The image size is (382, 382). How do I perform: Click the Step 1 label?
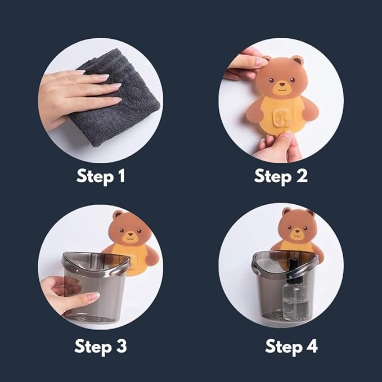click(x=101, y=177)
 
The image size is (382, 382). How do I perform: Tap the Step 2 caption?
click(x=281, y=177)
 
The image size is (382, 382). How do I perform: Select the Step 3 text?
click(x=100, y=347)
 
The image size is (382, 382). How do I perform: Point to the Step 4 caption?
click(x=291, y=347)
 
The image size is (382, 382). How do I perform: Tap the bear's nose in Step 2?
click(x=282, y=84)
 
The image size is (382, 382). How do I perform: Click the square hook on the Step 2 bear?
click(x=282, y=118)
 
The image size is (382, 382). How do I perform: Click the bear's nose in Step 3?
click(x=131, y=234)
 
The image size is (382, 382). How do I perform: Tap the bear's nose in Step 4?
click(x=297, y=231)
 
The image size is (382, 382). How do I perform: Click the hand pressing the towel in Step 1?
click(x=75, y=95)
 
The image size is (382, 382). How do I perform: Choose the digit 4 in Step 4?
click(x=312, y=346)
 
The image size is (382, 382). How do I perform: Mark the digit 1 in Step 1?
click(x=122, y=176)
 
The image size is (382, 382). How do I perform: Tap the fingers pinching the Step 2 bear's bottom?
click(x=280, y=146)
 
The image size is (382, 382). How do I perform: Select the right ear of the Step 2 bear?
click(x=298, y=60)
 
